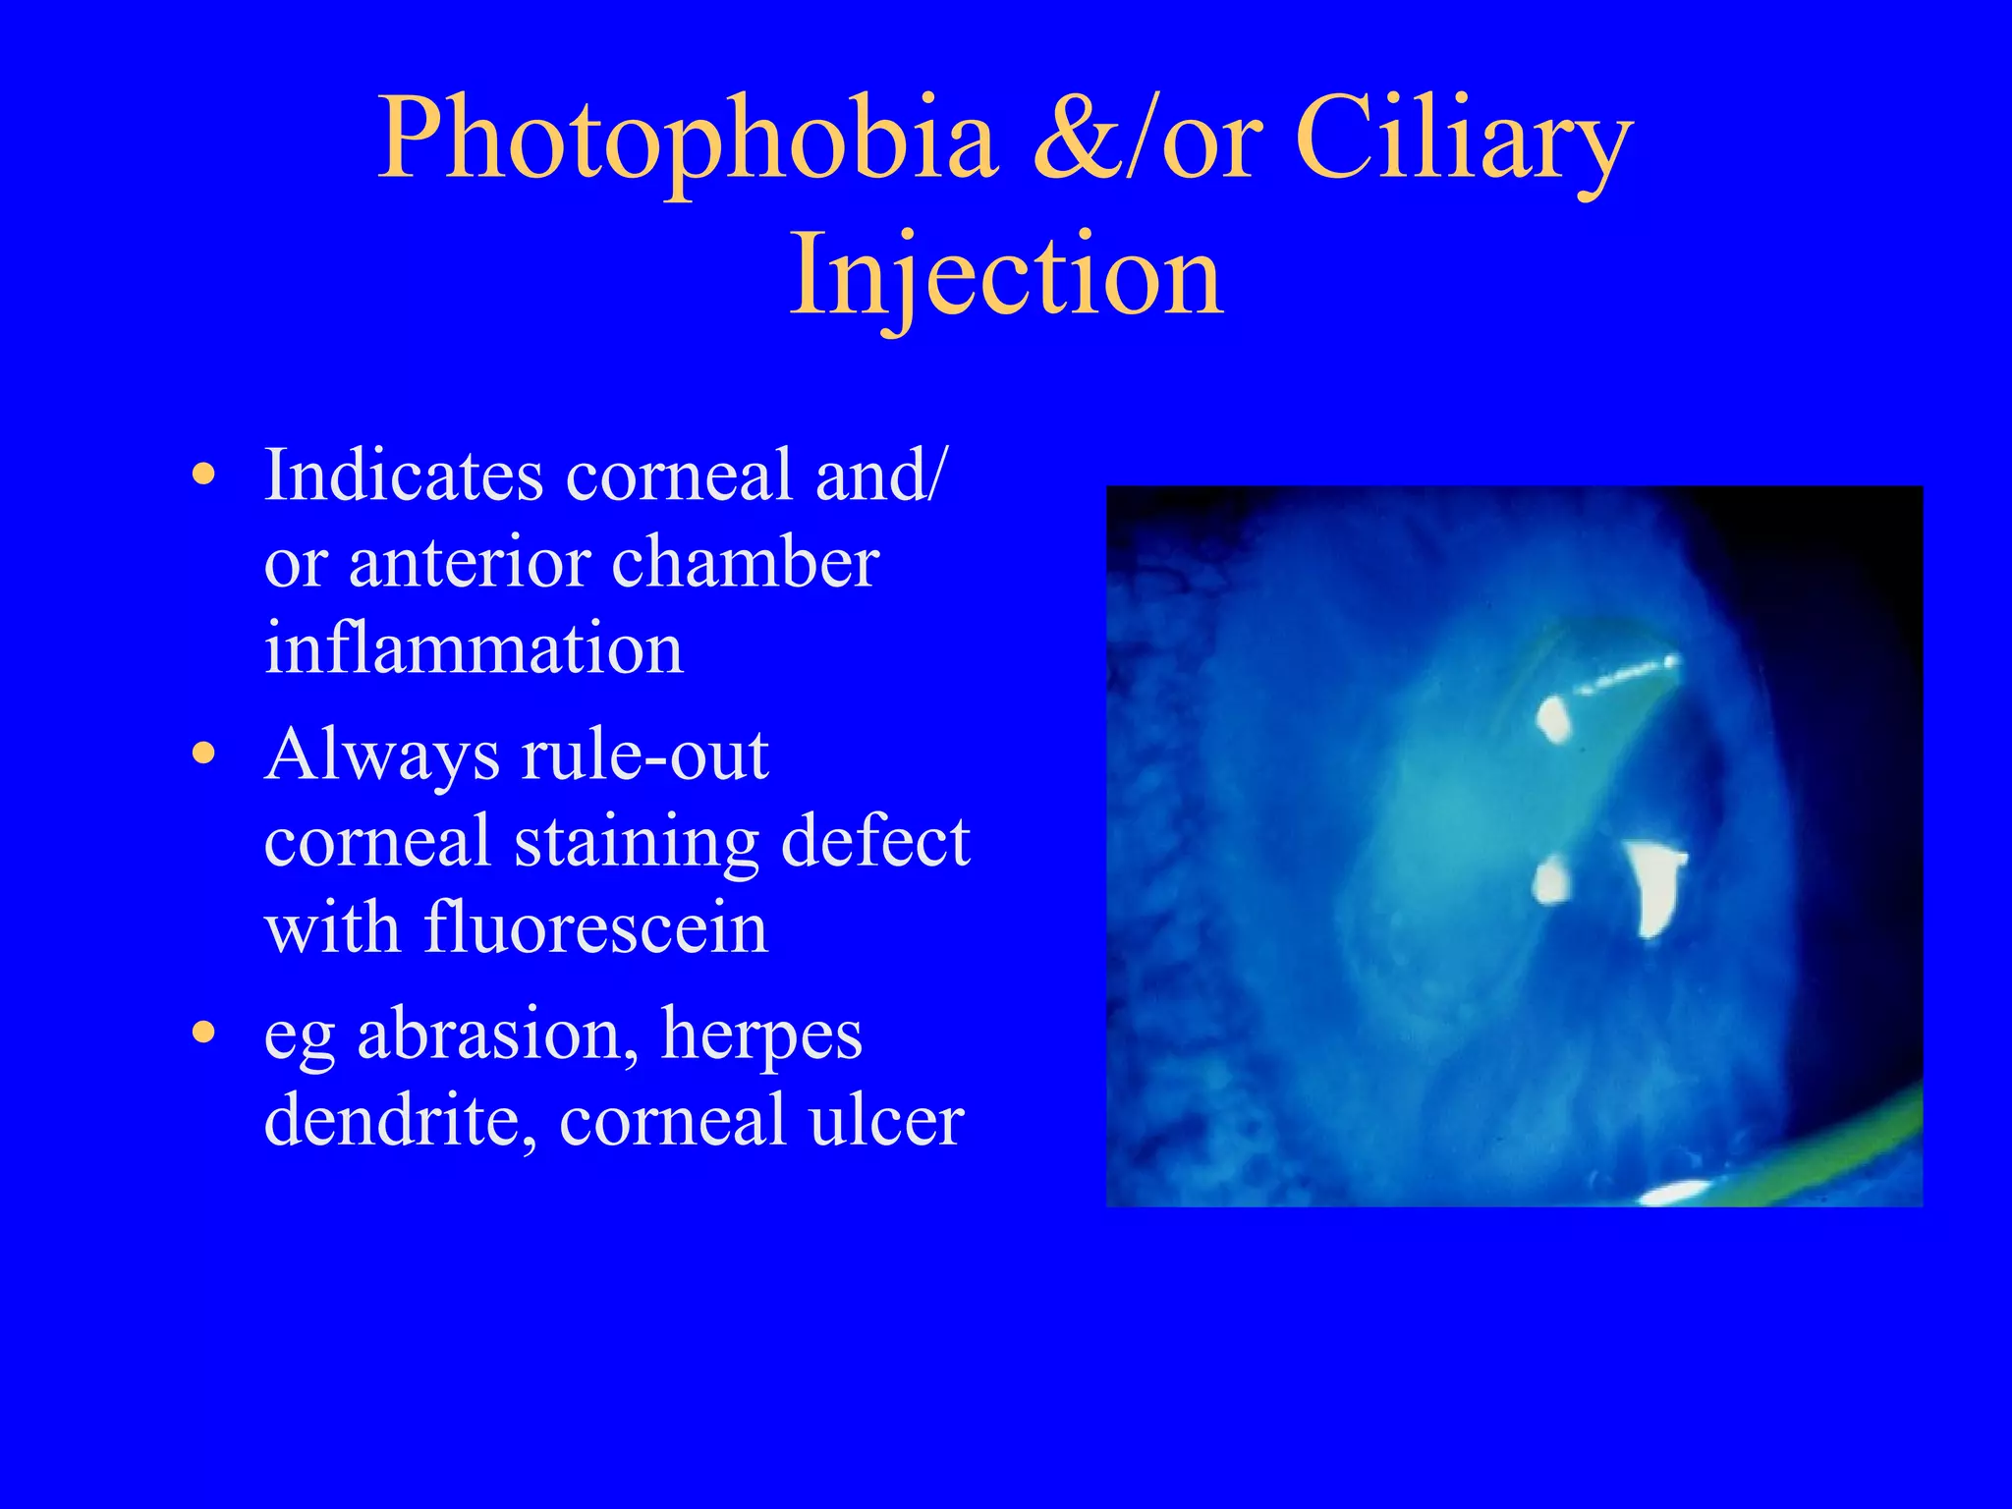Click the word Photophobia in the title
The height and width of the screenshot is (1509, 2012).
click(688, 140)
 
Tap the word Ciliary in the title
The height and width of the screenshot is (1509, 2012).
click(1464, 140)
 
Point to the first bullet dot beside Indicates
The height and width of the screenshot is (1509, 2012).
click(203, 475)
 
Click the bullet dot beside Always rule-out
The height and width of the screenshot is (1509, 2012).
click(203, 754)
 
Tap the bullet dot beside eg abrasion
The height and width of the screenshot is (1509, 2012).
click(203, 1034)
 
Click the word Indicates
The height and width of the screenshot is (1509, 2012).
click(404, 475)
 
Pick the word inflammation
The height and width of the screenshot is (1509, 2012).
click(474, 648)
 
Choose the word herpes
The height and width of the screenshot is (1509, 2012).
click(761, 1034)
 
